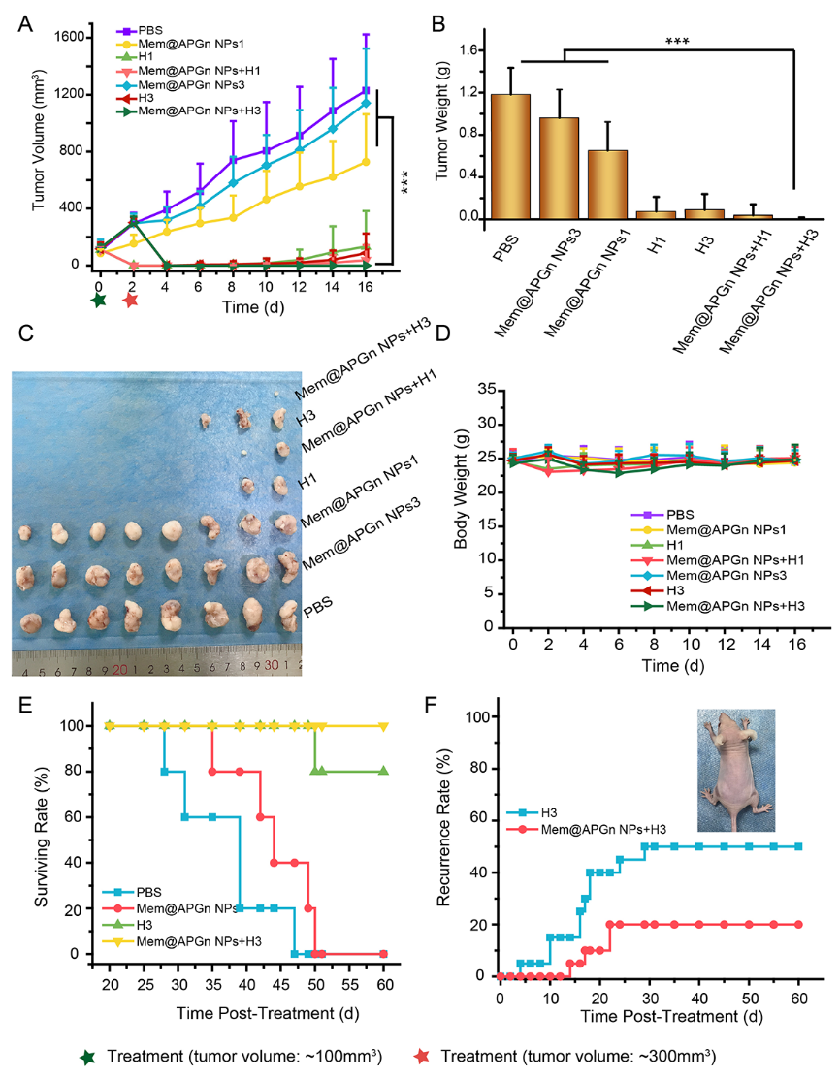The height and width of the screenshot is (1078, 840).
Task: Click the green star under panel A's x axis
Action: [x=98, y=301]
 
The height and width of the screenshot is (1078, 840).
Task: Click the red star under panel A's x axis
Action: [x=131, y=301]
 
